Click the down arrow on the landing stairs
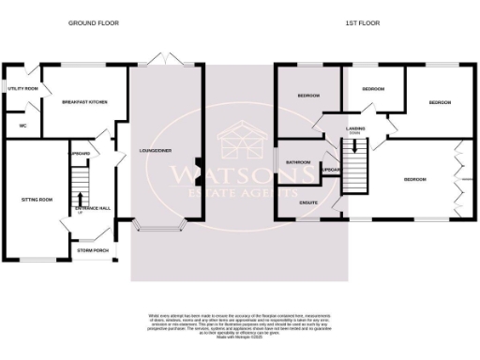click(x=354, y=147)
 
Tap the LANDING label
click(x=354, y=128)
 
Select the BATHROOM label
click(x=298, y=161)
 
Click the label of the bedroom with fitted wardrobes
click(x=415, y=178)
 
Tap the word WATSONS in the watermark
click(x=229, y=174)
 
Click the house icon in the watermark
click(x=239, y=144)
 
